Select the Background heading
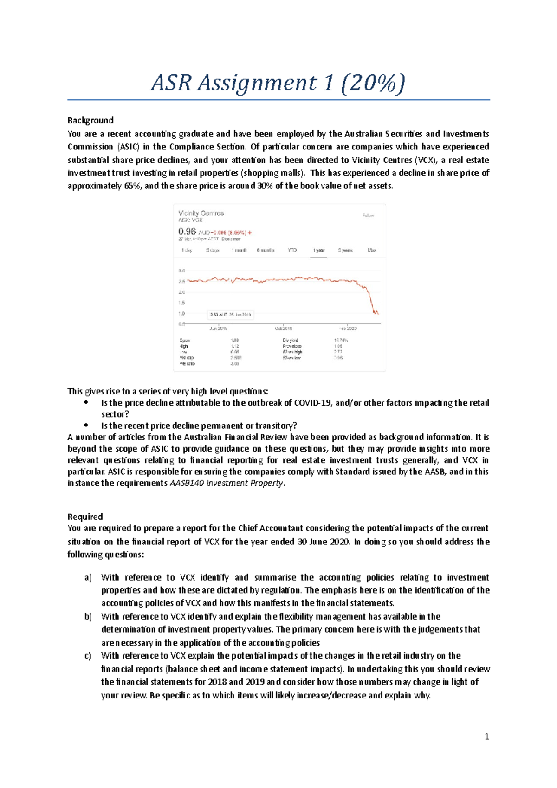(x=91, y=121)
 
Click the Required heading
(x=85, y=517)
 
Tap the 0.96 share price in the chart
(x=187, y=231)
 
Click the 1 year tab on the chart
(x=319, y=250)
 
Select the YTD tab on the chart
(x=292, y=250)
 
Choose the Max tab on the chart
(x=372, y=250)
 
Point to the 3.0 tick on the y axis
(x=181, y=271)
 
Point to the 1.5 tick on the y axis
(x=181, y=303)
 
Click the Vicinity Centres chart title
(x=201, y=213)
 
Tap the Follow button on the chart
(x=368, y=215)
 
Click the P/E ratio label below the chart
(x=187, y=364)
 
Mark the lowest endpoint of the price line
(x=378, y=314)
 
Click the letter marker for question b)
(x=88, y=617)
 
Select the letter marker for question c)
(x=88, y=656)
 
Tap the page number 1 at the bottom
(x=486, y=736)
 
